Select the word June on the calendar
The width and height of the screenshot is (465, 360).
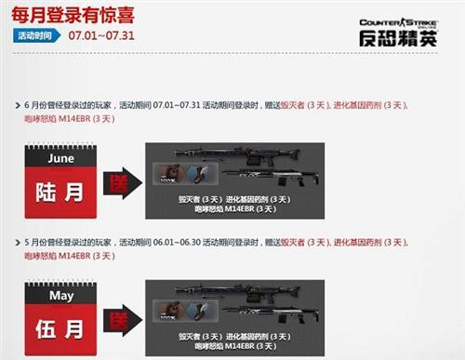60,159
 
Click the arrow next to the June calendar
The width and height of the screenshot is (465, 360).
121,181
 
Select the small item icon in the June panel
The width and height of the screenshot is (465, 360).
185,173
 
